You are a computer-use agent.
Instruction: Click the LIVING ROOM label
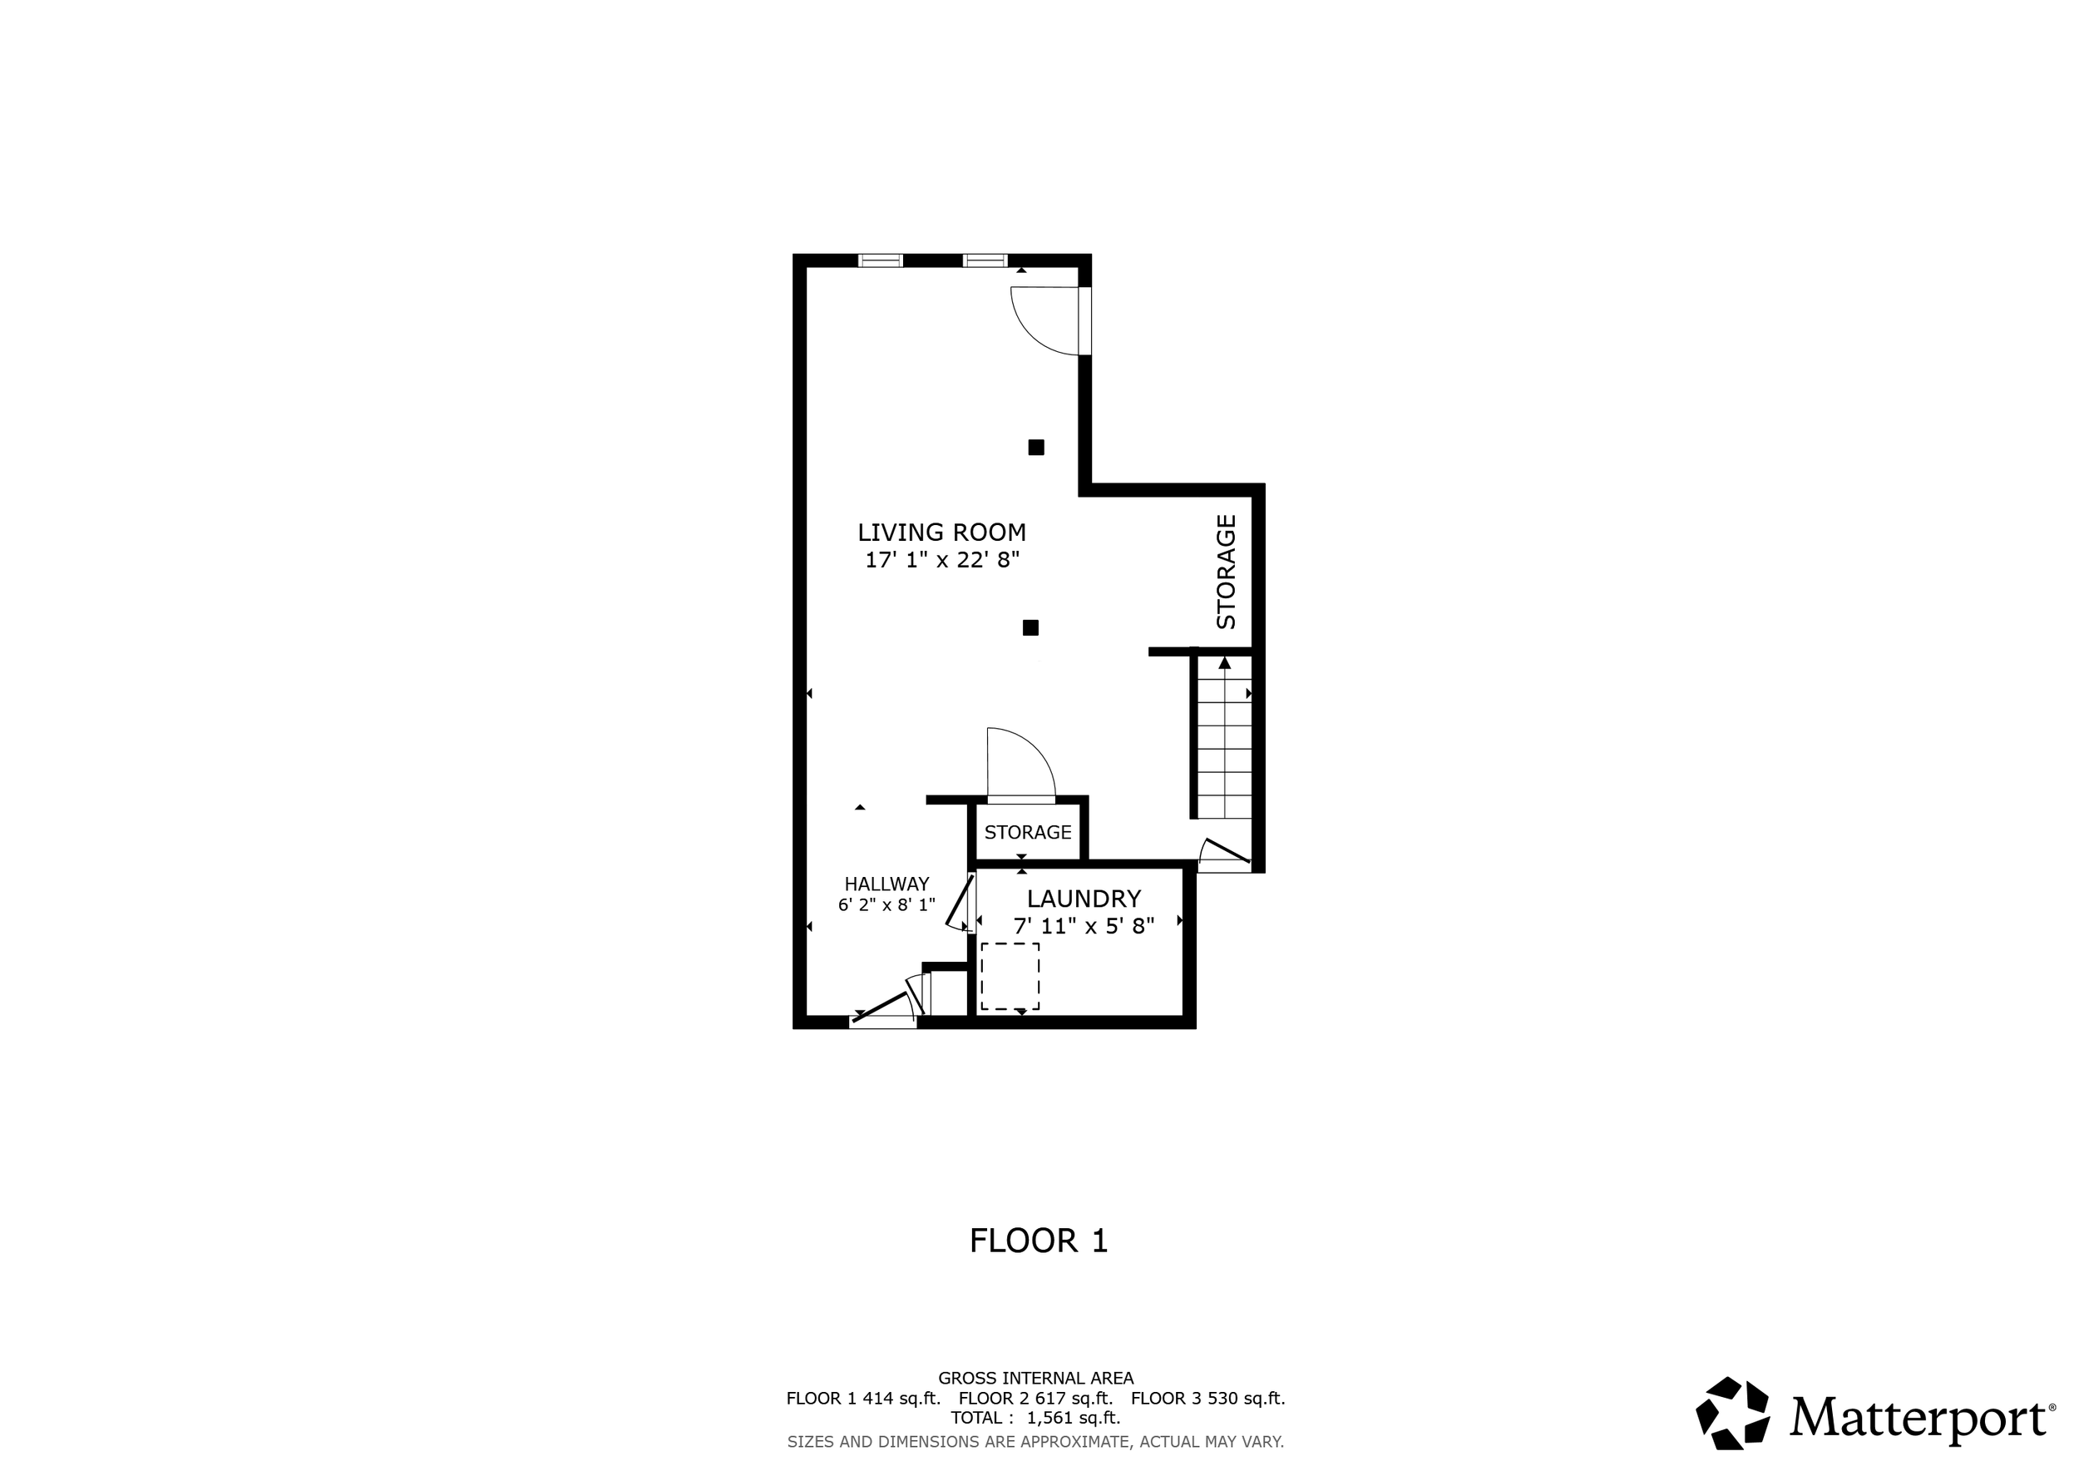tap(941, 532)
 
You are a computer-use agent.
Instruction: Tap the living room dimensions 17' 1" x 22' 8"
tap(941, 560)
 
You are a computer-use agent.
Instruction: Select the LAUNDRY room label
tap(1084, 899)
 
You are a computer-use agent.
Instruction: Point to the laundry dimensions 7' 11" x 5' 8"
tap(1084, 926)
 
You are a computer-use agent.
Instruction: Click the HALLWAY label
tap(886, 884)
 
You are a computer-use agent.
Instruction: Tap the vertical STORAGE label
tap(1226, 572)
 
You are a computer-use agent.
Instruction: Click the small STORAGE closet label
tap(1028, 832)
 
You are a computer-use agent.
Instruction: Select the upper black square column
tap(1036, 447)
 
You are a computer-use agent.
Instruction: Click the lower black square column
tap(1030, 627)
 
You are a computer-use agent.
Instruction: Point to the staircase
tap(1225, 736)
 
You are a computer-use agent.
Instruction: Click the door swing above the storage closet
tap(1020, 764)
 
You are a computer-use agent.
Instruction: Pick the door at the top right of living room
tap(1050, 321)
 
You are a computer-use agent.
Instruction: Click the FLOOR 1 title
tap(1039, 1241)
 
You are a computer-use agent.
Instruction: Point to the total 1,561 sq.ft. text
tap(1035, 1418)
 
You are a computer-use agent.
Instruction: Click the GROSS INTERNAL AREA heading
tap(1036, 1378)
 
